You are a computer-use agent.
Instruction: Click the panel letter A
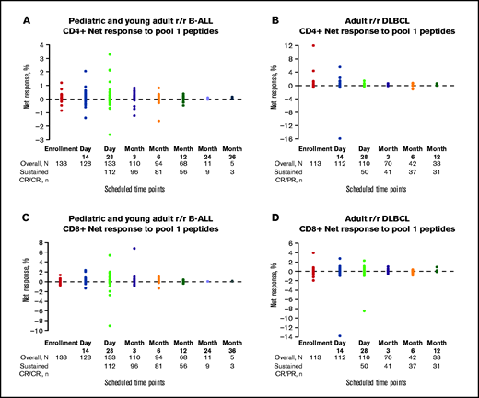point(9,10)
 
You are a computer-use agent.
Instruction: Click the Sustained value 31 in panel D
point(409,373)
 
